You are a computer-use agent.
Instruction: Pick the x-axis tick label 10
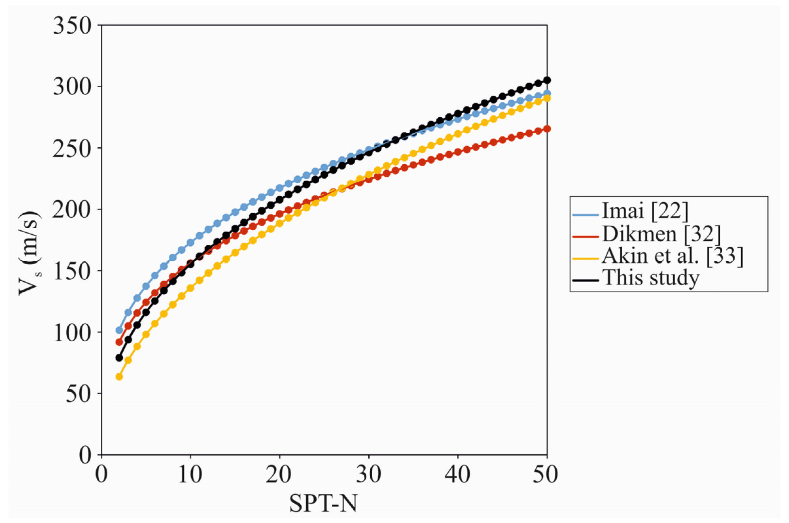click(x=190, y=475)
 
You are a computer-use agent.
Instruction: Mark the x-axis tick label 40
click(x=458, y=475)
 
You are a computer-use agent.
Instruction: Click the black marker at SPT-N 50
click(x=547, y=80)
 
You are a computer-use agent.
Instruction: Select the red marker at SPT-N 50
click(x=547, y=129)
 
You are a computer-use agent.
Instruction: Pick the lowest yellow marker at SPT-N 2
click(x=119, y=377)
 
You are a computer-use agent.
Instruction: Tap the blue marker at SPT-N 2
click(x=119, y=330)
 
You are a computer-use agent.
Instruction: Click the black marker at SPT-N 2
click(x=119, y=358)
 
